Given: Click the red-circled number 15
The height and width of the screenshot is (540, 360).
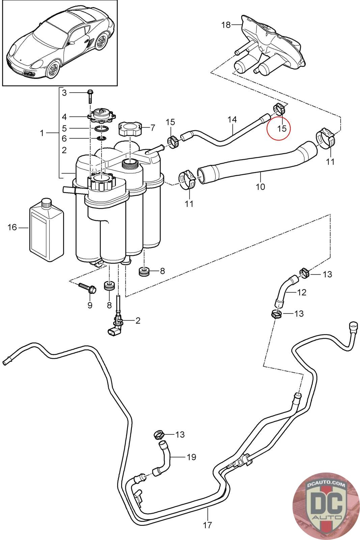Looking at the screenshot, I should tap(281, 128).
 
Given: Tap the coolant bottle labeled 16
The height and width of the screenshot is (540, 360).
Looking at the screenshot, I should tap(47, 230).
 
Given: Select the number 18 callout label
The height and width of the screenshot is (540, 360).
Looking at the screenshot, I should tap(226, 25).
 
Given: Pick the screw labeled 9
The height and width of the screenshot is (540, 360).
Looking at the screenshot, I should tap(87, 288).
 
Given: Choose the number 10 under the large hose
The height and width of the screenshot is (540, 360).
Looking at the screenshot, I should tap(260, 186).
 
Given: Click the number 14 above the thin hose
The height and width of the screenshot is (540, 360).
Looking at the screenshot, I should tap(232, 119).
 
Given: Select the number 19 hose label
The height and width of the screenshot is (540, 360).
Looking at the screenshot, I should tap(191, 457).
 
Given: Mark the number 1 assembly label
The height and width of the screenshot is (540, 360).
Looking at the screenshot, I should tap(42, 133).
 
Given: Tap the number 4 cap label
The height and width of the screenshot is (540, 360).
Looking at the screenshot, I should tap(64, 117).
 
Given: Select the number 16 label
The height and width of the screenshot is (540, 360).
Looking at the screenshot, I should tap(12, 227).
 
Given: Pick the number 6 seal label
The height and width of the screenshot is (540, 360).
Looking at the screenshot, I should tap(64, 138).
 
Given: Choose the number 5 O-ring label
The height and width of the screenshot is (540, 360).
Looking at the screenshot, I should tap(64, 128).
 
